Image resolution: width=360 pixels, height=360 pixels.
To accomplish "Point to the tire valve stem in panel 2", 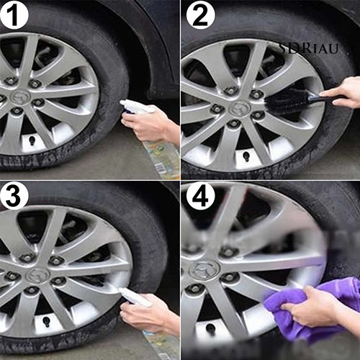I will click(x=246, y=156).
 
